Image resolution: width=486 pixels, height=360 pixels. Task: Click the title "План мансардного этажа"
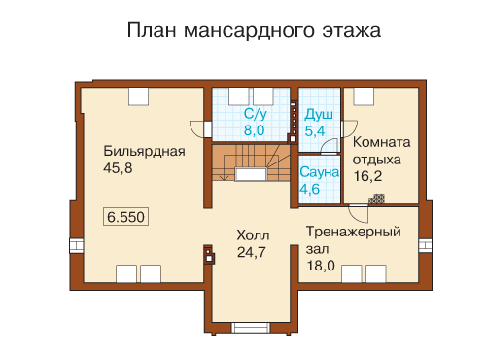(x=254, y=31)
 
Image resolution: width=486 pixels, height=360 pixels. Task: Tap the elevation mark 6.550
(x=125, y=217)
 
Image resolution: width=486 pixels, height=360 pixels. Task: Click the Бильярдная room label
(x=144, y=151)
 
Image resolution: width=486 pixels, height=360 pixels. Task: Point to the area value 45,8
(x=118, y=168)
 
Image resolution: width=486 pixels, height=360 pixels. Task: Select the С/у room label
(x=256, y=114)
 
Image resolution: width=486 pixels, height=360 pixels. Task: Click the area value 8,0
(x=255, y=130)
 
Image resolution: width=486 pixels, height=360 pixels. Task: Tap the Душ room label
(x=319, y=115)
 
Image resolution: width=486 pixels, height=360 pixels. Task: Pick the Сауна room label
(x=319, y=172)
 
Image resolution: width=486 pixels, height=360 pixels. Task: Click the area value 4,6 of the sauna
(x=310, y=189)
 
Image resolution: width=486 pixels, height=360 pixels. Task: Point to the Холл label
(x=253, y=235)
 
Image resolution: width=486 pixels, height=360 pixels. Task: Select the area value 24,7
(x=252, y=252)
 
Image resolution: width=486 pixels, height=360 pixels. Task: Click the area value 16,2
(x=367, y=176)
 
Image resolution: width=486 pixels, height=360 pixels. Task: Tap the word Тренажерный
(x=354, y=232)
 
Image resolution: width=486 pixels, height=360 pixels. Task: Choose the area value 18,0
(x=321, y=266)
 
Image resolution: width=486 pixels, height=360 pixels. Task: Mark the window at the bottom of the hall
(x=251, y=328)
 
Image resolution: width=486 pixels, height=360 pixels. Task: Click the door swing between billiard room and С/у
(x=196, y=129)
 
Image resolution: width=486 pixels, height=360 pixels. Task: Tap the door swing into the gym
(x=359, y=214)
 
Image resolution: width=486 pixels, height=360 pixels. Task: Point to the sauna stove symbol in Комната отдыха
(x=377, y=199)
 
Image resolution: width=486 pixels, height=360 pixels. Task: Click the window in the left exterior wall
(x=77, y=245)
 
